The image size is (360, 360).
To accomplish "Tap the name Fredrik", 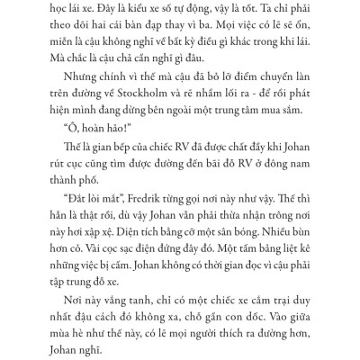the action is [x=121, y=193].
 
